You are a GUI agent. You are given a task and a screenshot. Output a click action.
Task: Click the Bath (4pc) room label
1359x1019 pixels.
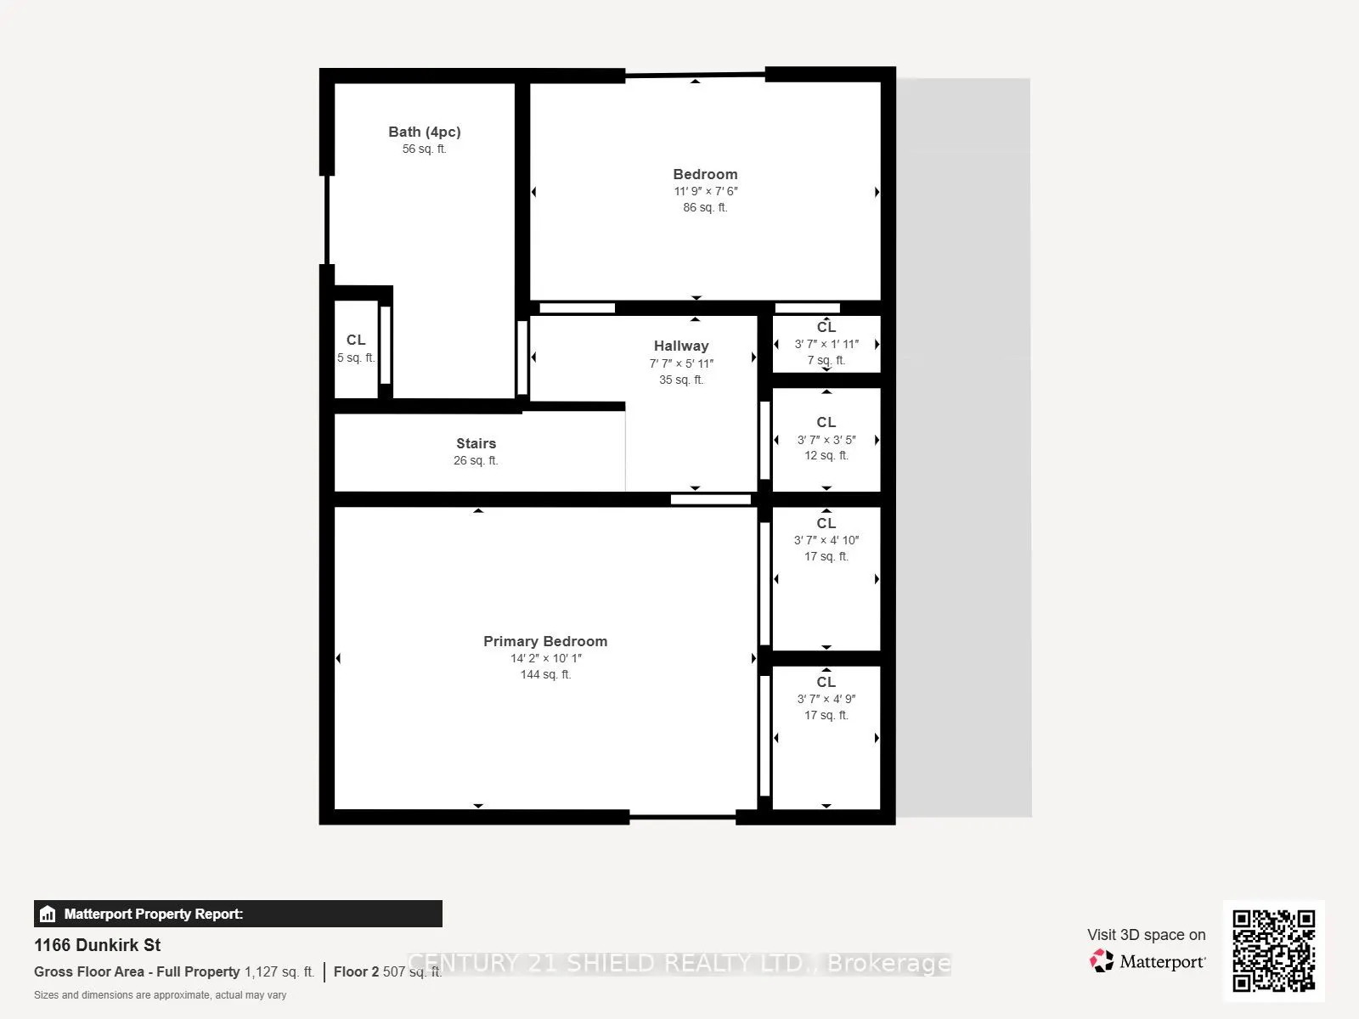(424, 132)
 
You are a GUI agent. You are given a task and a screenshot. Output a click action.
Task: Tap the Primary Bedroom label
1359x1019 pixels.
(545, 641)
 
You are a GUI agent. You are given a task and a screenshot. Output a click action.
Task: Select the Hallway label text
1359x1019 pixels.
(680, 346)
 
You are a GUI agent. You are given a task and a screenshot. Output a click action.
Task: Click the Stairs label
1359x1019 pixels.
(476, 443)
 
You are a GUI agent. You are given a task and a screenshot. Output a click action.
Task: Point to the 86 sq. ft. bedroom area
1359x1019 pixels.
(705, 207)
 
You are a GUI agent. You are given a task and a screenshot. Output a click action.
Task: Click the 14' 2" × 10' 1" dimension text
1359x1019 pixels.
(545, 658)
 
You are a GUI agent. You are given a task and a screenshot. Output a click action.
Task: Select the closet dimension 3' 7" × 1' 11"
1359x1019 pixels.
(826, 344)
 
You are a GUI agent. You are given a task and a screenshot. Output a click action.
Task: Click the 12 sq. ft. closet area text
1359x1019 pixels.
(826, 455)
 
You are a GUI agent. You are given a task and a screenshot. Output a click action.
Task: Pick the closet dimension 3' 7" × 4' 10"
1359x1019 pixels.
(826, 540)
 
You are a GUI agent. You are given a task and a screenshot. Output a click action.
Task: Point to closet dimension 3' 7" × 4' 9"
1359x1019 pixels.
(826, 699)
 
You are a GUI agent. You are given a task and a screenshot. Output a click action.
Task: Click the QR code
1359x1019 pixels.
(1273, 951)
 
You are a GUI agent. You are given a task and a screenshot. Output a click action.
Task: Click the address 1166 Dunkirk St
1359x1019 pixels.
(97, 945)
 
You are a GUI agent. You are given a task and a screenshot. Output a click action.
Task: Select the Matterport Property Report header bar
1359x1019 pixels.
(238, 914)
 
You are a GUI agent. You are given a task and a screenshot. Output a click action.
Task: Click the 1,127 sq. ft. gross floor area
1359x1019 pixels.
(279, 971)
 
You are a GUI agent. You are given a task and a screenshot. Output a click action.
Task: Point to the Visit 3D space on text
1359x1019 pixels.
(1146, 934)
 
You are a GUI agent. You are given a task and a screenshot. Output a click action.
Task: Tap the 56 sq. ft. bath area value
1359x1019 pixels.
(424, 149)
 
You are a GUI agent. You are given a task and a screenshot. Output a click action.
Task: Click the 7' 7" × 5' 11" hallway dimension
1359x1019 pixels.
(680, 363)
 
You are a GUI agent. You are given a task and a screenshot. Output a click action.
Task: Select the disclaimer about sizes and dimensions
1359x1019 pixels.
(160, 994)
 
